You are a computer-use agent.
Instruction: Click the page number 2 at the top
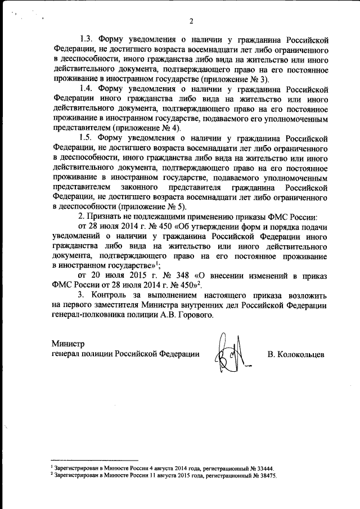click(191, 22)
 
